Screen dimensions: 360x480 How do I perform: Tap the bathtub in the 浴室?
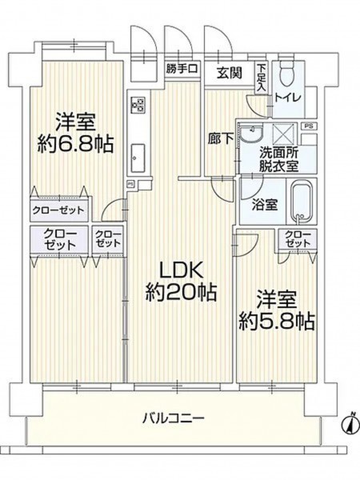302,202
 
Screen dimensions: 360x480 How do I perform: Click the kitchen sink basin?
138,158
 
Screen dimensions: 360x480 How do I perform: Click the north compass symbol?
350,424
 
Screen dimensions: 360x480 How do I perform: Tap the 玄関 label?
230,73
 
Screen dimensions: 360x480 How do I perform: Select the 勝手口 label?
182,68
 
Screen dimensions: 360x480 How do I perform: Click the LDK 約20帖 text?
181,282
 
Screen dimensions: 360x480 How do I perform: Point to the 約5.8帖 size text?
277,321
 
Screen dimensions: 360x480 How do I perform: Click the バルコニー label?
174,418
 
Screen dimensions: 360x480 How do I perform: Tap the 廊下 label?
220,138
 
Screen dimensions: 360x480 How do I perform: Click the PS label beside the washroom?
309,126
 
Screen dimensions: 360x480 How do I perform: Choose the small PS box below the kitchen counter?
130,184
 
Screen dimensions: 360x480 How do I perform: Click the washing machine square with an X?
285,134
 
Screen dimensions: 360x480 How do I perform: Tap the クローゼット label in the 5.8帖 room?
298,239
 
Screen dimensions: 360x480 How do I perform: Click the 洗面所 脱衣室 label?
279,159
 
